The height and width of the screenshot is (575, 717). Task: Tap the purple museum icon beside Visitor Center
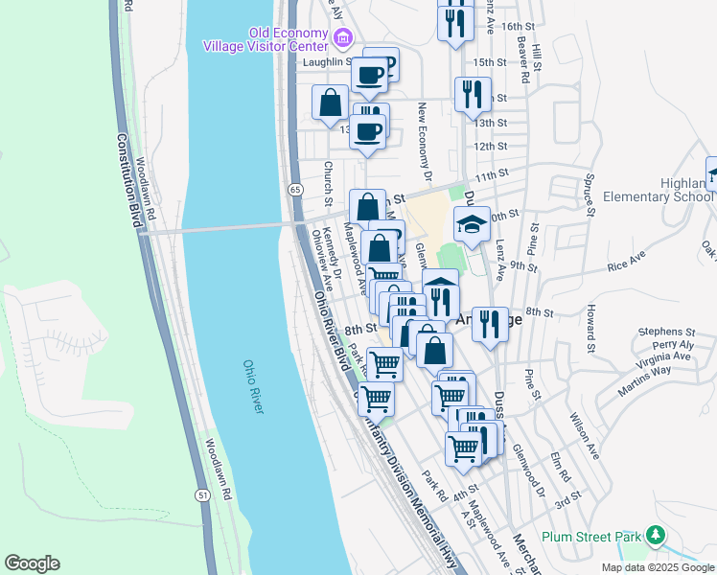343,39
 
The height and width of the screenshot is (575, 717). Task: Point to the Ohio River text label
253,387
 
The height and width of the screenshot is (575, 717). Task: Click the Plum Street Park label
590,538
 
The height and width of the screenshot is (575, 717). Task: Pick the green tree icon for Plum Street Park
655,535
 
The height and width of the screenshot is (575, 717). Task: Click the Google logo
32,563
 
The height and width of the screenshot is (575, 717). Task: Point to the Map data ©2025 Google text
656,567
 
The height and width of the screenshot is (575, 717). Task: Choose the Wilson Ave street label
585,436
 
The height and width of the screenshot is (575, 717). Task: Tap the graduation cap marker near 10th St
472,225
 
